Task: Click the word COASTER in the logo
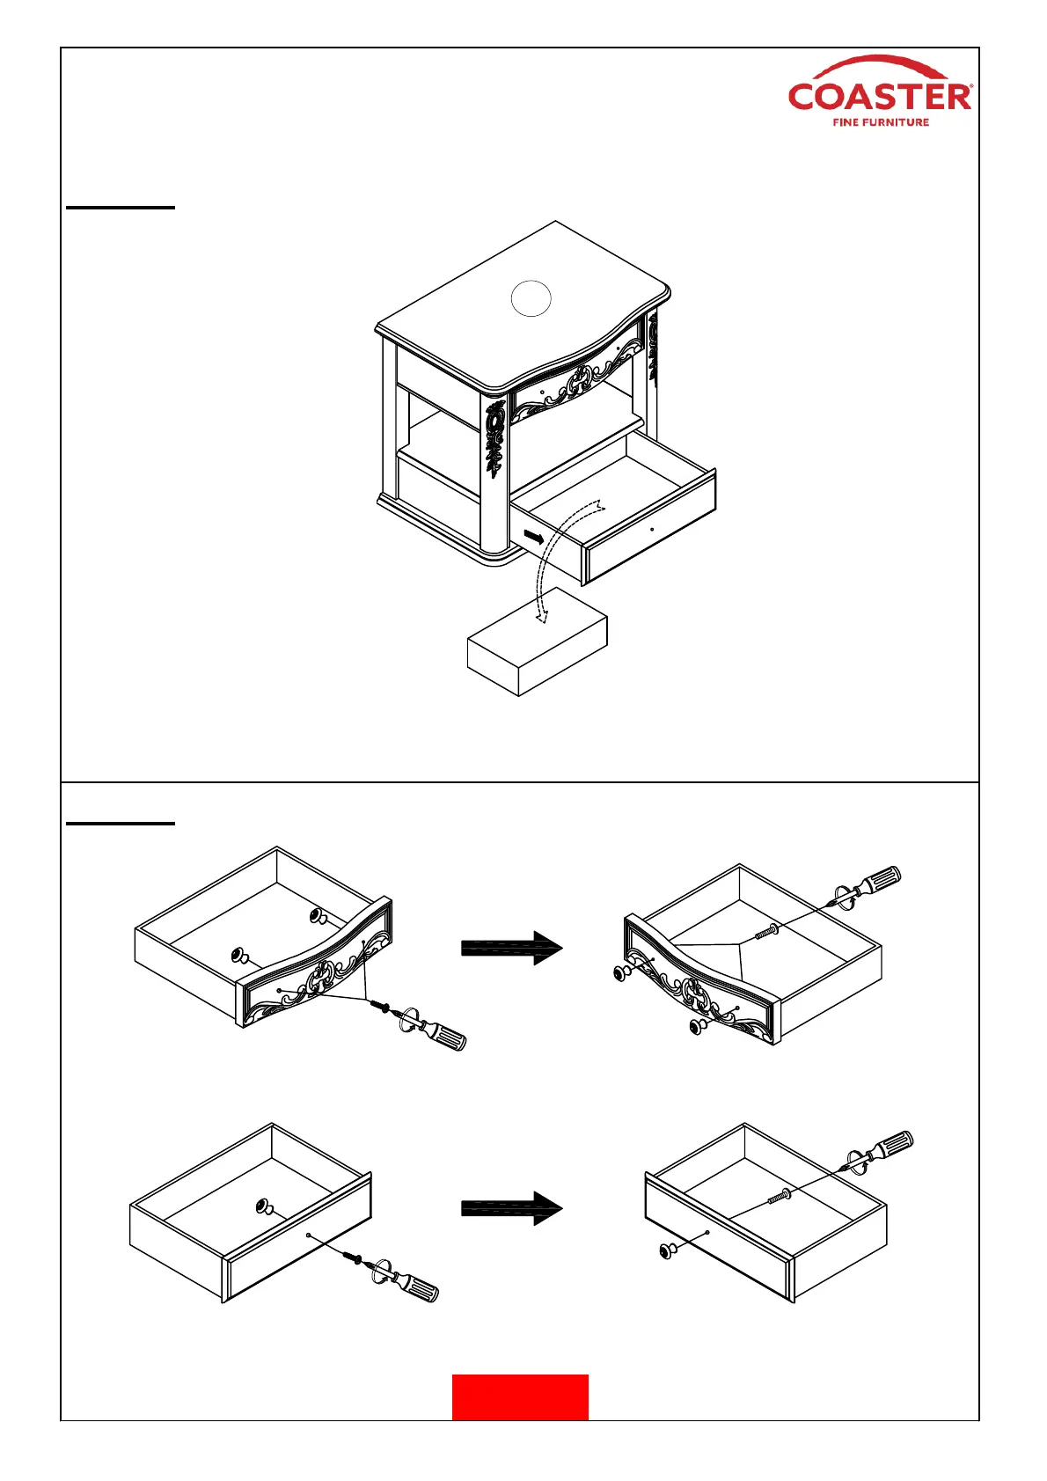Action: pyautogui.click(x=879, y=96)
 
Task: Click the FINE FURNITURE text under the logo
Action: pyautogui.click(x=881, y=122)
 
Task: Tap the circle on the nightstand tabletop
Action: pyautogui.click(x=531, y=298)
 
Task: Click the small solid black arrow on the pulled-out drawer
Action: pyautogui.click(x=533, y=536)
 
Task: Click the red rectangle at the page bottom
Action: pyautogui.click(x=520, y=1397)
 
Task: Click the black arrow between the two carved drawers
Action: pyautogui.click(x=511, y=948)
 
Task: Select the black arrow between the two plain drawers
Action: pyautogui.click(x=511, y=1208)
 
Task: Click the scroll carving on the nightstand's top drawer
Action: pyautogui.click(x=578, y=383)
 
